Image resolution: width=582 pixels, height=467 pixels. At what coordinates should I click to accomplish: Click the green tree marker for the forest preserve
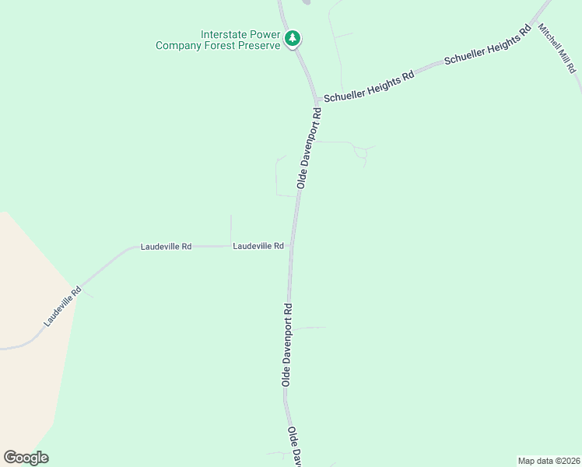click(293, 38)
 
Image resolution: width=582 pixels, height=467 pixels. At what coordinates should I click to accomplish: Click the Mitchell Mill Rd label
click(559, 47)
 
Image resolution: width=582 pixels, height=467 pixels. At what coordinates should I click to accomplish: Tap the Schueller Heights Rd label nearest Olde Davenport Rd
click(368, 88)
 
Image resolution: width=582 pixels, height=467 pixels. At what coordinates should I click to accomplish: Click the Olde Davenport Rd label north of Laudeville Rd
click(309, 148)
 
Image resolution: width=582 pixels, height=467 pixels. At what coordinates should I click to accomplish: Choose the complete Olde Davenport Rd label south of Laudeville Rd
click(287, 345)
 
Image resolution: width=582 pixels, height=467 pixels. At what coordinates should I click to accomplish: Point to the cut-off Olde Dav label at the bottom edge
click(295, 447)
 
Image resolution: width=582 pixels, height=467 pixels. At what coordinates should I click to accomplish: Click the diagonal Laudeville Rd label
click(63, 307)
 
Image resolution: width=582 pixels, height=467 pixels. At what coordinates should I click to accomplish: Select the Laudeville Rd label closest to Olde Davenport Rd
click(258, 246)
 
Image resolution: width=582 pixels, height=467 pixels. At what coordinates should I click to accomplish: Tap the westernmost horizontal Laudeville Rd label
click(166, 247)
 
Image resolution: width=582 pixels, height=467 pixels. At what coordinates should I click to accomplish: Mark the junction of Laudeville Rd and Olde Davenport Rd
click(292, 246)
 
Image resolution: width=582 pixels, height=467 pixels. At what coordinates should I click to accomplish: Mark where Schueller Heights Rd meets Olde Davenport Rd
click(317, 101)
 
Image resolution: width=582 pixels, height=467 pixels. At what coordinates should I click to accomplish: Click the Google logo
click(26, 458)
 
